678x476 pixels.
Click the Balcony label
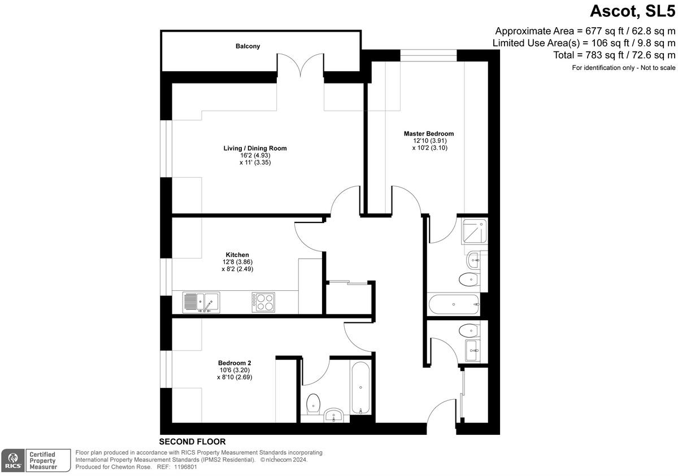247,46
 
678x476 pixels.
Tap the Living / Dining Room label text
255,149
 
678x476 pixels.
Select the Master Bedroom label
428,134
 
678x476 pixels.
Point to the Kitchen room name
237,255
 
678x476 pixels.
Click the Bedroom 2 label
234,363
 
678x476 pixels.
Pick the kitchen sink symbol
201,303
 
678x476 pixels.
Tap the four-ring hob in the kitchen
263,302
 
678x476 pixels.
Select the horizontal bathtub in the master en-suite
454,305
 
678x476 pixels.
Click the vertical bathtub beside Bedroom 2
360,388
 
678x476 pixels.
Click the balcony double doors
300,65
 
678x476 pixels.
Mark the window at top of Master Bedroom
428,55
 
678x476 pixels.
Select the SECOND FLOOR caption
192,442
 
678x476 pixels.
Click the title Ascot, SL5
632,11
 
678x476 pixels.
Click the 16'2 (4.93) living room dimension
255,155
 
